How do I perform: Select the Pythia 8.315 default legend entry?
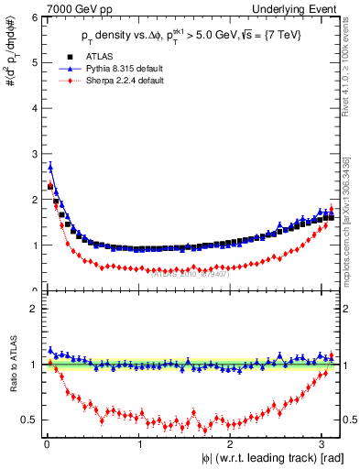tap(116, 70)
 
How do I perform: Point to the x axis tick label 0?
tap(47, 445)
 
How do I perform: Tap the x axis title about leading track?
tap(259, 459)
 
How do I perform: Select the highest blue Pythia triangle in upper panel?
tap(50, 167)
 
